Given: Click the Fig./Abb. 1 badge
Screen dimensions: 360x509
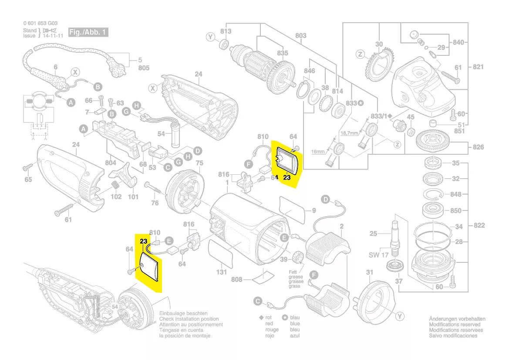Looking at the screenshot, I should [x=88, y=33].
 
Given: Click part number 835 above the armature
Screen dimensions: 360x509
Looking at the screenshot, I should [x=282, y=53].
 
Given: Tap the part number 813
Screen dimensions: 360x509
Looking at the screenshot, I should [x=226, y=31].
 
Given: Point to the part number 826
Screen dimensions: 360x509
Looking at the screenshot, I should [x=478, y=147].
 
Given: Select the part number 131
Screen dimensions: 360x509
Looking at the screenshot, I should [x=222, y=272].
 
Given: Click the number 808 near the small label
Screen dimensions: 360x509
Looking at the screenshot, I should [x=236, y=279].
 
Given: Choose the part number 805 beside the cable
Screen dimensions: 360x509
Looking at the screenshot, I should [x=144, y=68].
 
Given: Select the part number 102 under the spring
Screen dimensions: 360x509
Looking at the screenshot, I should [x=116, y=197].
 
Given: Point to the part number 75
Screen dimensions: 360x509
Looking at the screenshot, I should [x=199, y=163].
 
